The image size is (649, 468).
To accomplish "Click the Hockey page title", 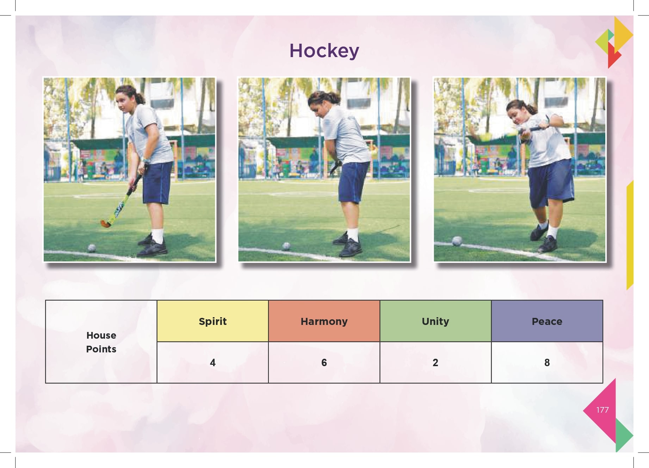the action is (x=324, y=51).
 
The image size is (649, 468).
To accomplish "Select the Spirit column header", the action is (x=212, y=321).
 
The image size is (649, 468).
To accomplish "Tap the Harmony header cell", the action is (x=324, y=321).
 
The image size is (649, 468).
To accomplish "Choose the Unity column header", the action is (x=435, y=321).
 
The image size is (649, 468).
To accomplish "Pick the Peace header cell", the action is (x=547, y=321).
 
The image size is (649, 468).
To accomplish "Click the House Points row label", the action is (x=101, y=342).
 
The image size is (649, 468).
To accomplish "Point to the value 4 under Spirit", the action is (x=212, y=362).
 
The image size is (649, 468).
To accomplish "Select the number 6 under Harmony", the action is (x=324, y=362).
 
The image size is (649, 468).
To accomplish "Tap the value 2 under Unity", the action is (x=435, y=362).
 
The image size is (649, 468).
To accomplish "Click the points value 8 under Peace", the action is (x=547, y=362).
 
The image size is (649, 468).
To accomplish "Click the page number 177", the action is (x=602, y=410).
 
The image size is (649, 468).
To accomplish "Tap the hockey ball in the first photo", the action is (x=92, y=248).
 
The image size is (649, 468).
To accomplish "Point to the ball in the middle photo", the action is (x=286, y=246).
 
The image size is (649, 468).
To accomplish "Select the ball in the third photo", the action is (x=457, y=241).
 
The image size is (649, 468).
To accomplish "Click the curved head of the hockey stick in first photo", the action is (x=105, y=223).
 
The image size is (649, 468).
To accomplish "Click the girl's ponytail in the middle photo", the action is (x=334, y=97).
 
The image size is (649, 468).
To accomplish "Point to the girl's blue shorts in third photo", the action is (x=551, y=183).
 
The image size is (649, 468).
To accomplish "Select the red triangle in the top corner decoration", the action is (x=614, y=56).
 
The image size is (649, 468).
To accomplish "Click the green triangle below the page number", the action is (x=623, y=435).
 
